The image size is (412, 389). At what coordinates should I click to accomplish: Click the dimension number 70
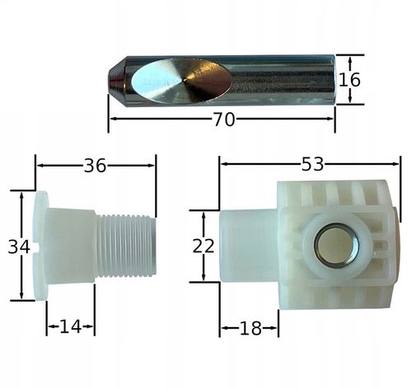pos(224,120)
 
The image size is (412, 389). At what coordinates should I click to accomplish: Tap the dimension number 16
pos(349,80)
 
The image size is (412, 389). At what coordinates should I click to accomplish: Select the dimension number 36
pos(95,166)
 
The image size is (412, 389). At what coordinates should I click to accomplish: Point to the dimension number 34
pos(19,246)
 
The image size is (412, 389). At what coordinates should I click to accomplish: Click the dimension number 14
pos(71,326)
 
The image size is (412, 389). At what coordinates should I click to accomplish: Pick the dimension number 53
pos(312,164)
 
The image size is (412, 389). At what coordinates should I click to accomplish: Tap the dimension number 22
pos(204,246)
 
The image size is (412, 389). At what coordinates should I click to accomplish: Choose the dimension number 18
pos(250,328)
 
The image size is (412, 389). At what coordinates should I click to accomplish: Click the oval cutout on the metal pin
pos(181,80)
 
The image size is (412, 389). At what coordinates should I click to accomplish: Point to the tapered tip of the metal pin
pos(117,82)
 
